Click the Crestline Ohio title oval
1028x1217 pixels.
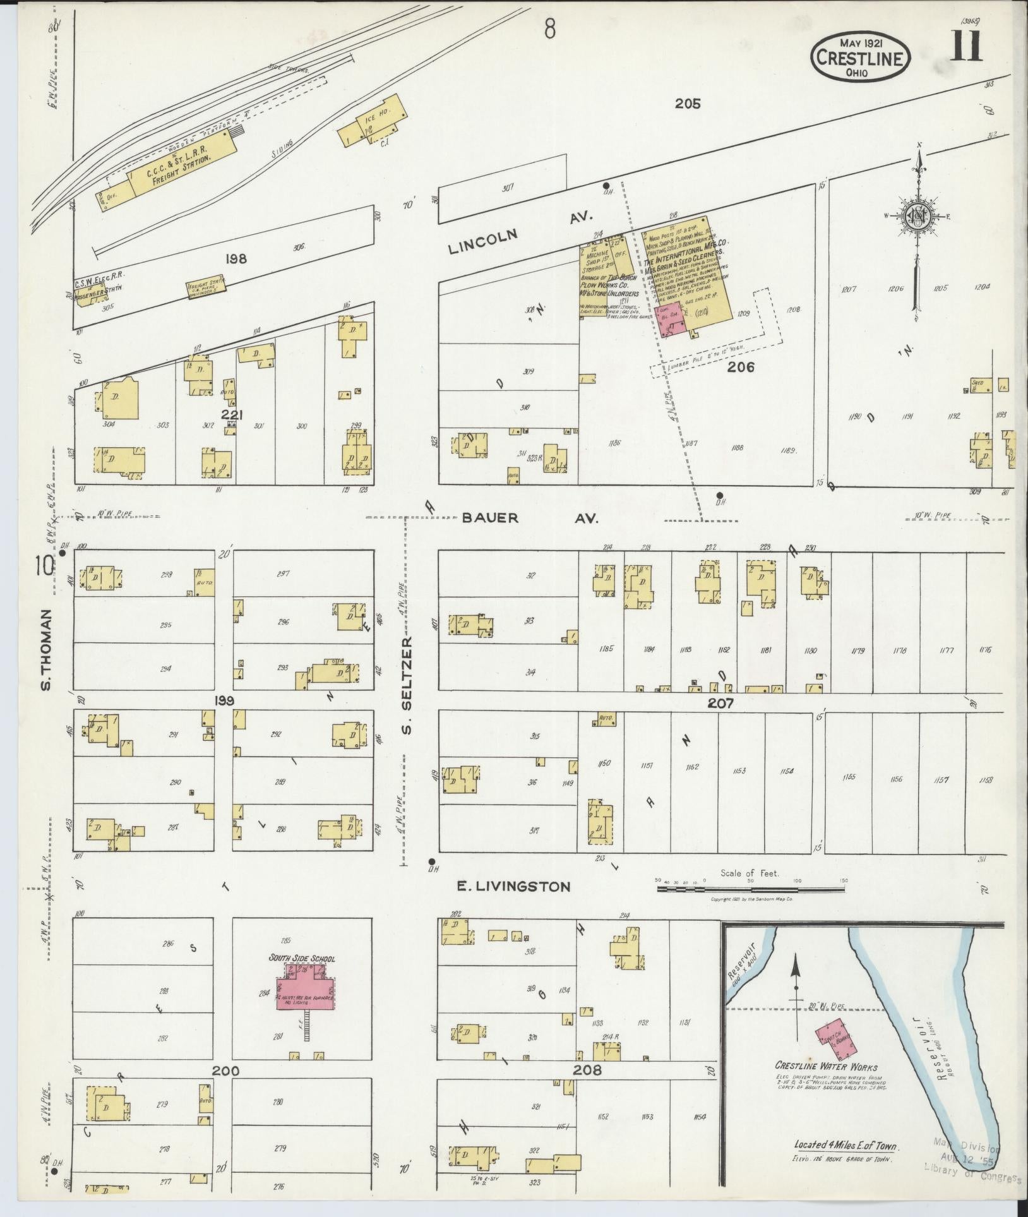[x=861, y=57]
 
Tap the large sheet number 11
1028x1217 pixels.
[x=965, y=47]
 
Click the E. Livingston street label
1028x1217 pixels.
[x=513, y=887]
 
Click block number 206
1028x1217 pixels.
[x=740, y=367]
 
